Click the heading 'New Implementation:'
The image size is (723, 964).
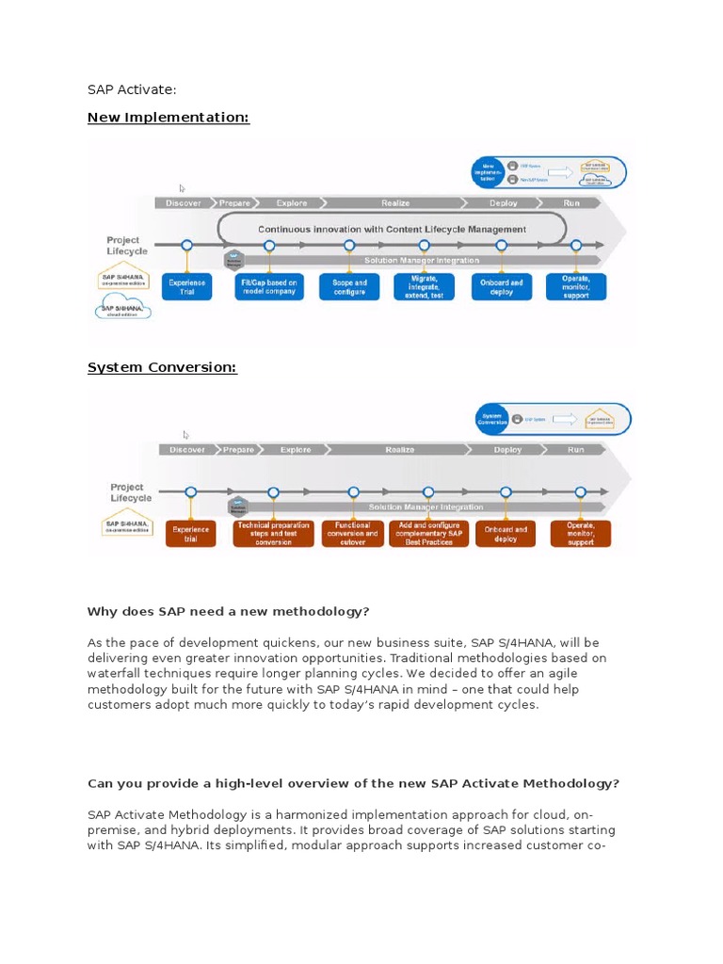pos(169,118)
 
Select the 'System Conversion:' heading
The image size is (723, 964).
pos(162,367)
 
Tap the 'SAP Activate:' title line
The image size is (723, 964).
pos(132,89)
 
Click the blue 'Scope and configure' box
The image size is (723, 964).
pos(349,286)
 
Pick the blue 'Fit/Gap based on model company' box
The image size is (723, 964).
pos(268,286)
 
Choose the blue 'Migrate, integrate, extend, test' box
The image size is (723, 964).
pos(424,286)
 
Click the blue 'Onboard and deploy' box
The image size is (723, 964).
pos(502,286)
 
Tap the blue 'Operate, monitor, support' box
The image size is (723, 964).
pos(576,286)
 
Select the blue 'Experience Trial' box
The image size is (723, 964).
pos(187,286)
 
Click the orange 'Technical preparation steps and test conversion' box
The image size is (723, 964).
pos(273,534)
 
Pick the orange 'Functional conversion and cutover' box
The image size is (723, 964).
pos(352,534)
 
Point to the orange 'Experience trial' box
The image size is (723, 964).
pos(190,534)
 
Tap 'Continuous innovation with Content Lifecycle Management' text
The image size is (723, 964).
pos(392,229)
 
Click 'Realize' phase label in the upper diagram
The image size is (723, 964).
pos(395,202)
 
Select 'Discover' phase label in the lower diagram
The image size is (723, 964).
pos(187,450)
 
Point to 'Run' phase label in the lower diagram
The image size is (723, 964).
pos(575,450)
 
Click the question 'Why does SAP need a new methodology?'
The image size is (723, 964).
pos(228,612)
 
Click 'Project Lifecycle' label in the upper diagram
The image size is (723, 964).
pos(127,246)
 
